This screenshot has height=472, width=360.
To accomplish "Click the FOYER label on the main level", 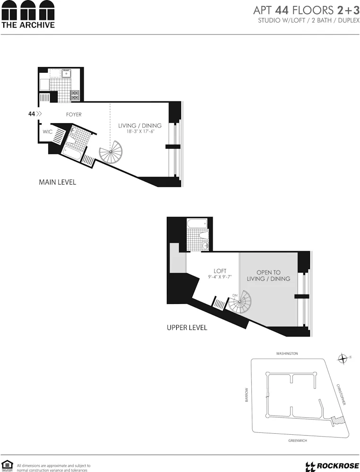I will (x=74, y=114).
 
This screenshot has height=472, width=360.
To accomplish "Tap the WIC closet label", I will (x=48, y=132).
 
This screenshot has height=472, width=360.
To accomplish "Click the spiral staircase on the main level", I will (x=111, y=153).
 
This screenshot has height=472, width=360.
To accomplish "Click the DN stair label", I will (x=235, y=295).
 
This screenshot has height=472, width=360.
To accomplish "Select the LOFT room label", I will (x=220, y=271).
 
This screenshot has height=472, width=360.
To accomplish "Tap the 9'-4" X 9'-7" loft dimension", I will (x=221, y=277).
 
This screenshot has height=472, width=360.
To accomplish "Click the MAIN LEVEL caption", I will (x=57, y=182).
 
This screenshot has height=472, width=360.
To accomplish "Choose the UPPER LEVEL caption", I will (x=187, y=328).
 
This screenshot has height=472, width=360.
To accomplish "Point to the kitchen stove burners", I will (x=75, y=95).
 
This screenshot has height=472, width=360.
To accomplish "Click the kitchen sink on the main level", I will (x=67, y=73).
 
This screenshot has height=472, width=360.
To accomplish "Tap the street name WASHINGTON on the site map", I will (x=287, y=354).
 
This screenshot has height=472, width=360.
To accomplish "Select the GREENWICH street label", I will (x=298, y=441).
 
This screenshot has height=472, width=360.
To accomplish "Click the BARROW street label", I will (x=247, y=396).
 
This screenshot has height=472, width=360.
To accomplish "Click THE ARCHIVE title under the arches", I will (x=28, y=25).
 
